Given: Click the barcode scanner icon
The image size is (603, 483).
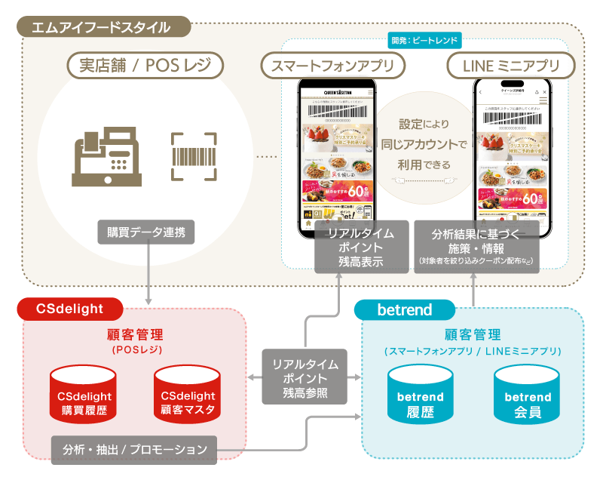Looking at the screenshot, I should point(194,156).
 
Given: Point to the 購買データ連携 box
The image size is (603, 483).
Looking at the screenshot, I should point(146,232).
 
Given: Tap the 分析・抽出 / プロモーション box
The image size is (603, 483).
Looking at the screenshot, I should point(134,450).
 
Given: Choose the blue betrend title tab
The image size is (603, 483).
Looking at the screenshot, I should point(405,309).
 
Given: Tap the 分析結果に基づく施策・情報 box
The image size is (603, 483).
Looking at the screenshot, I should point(476,245).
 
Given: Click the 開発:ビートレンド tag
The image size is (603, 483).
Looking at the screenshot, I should point(424,39).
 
